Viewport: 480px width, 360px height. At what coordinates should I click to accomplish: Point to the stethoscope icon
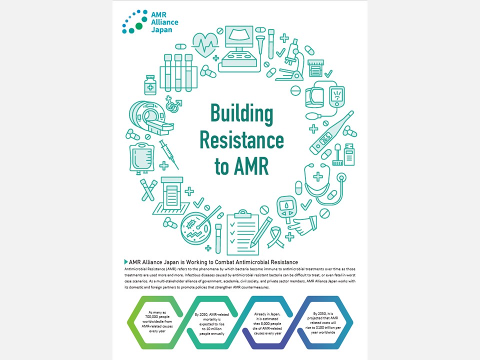point(325,185)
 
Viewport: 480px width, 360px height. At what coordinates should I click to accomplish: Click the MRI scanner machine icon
point(147,118)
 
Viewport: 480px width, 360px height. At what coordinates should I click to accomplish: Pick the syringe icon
point(169,154)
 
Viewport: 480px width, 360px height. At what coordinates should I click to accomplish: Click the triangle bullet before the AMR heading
point(125,262)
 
